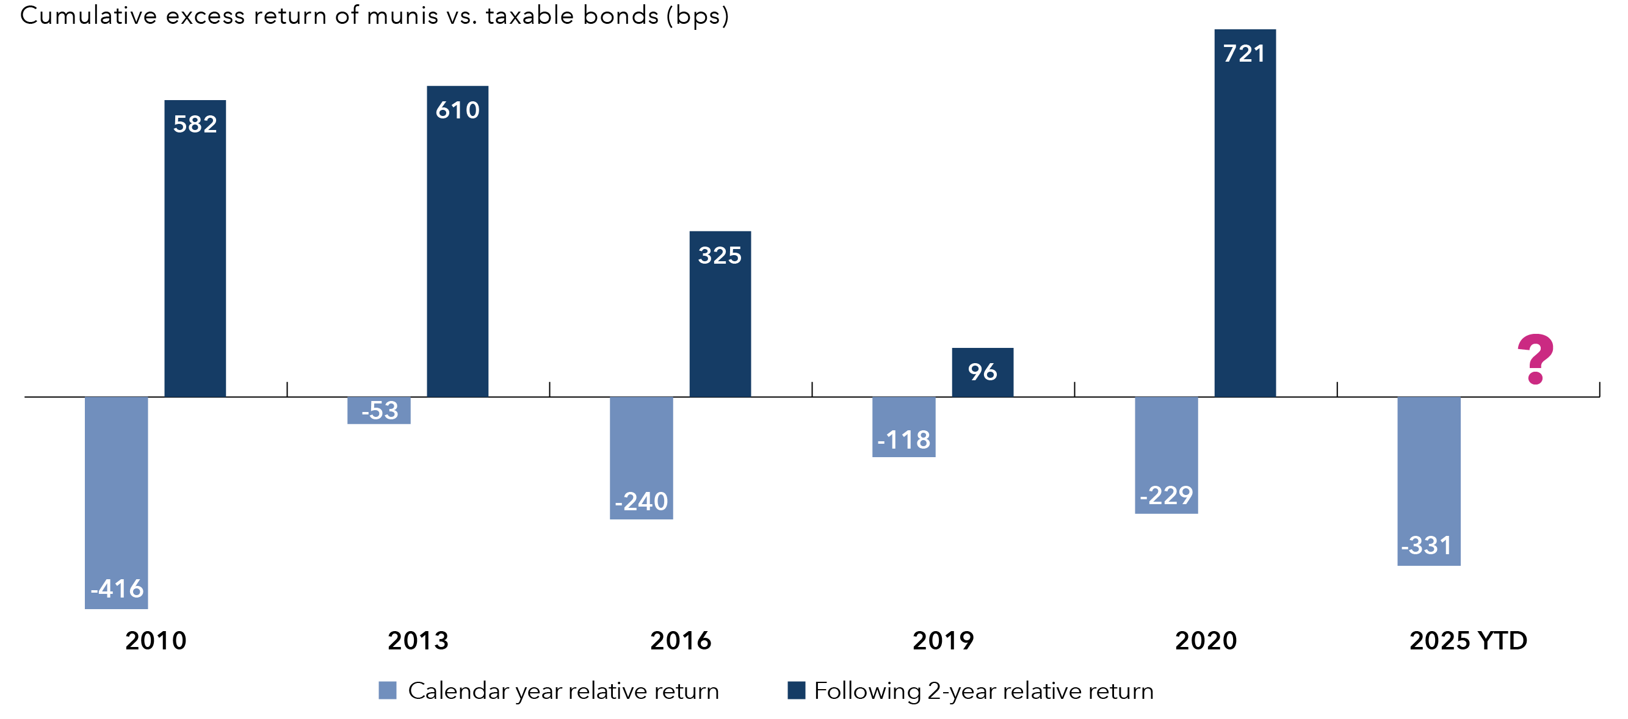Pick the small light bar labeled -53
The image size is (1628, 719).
pyautogui.click(x=378, y=411)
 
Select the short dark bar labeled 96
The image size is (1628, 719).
pyautogui.click(x=982, y=372)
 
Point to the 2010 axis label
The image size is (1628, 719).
pyautogui.click(x=156, y=641)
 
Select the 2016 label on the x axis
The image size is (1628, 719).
pyautogui.click(x=681, y=641)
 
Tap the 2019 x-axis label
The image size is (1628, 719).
pyautogui.click(x=943, y=641)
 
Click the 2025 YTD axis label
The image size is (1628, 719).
pyautogui.click(x=1468, y=641)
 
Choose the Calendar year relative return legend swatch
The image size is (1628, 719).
pyautogui.click(x=388, y=690)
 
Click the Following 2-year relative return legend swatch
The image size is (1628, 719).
pyautogui.click(x=797, y=690)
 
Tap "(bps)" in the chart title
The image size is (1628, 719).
pyautogui.click(x=698, y=15)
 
